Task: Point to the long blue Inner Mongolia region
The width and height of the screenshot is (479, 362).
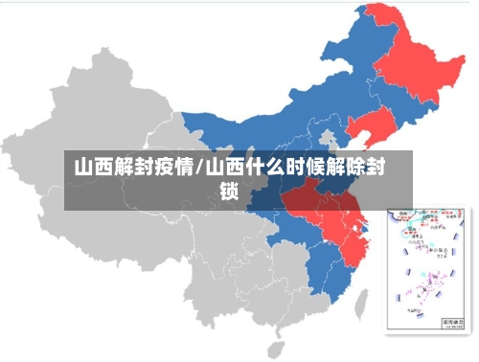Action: pos(287,105)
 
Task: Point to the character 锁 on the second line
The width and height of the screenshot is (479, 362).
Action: pos(230,191)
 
